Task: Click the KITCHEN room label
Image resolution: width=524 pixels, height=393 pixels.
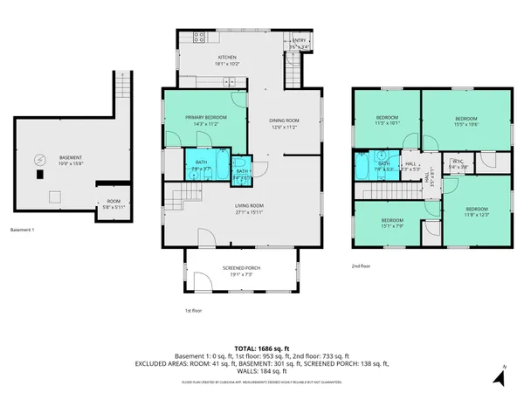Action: [x=203, y=57]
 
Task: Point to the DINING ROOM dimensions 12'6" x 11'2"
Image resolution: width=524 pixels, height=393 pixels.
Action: [x=284, y=127]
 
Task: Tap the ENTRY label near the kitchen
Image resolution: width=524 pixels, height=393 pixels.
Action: [x=300, y=40]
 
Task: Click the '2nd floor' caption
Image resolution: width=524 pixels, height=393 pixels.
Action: [x=361, y=265]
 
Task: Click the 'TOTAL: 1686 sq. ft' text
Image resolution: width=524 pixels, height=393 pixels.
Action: [x=262, y=348]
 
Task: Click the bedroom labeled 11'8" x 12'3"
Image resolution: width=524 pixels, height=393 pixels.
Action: [x=476, y=214]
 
